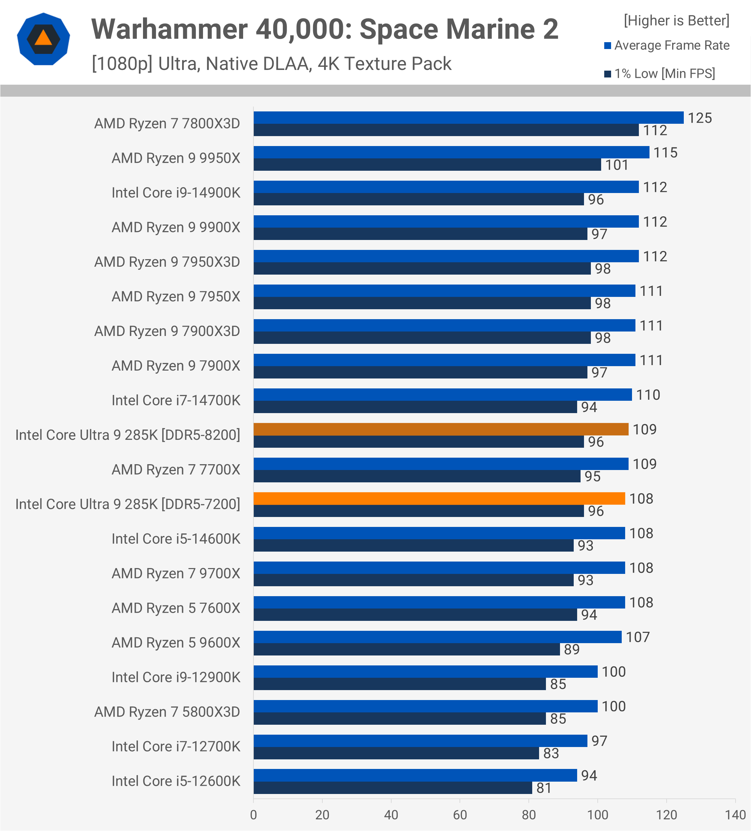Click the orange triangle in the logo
coord(43,38)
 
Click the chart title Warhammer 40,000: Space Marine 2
coord(324,29)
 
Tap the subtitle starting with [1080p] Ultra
coord(271,64)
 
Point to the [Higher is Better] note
coord(676,21)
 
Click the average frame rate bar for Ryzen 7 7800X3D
coord(468,118)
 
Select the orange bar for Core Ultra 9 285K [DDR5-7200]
coord(439,498)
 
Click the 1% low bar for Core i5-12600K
coord(393,788)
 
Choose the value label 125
coord(700,118)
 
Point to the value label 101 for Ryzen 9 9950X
coord(617,165)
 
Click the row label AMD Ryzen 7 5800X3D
coord(167,712)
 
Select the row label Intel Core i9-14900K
coord(176,193)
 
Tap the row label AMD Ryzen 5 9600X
coord(176,643)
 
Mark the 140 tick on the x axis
coord(735,815)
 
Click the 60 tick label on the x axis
coord(460,815)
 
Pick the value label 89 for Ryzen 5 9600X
coord(572,649)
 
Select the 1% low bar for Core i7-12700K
coord(396,753)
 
